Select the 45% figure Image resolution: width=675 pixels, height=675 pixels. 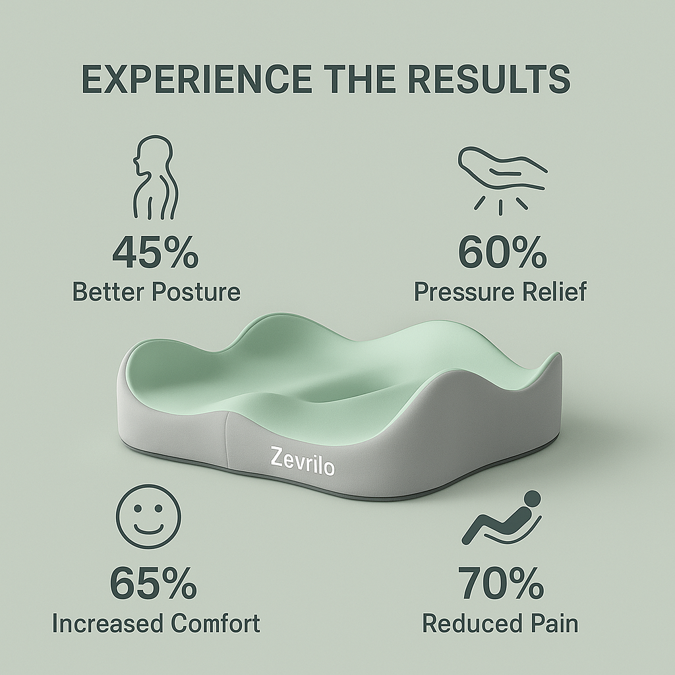pos(155,253)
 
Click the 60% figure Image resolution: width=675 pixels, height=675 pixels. pos(502,253)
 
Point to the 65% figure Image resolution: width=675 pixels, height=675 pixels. pos(153,583)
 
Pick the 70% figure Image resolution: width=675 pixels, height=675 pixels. pos(501,583)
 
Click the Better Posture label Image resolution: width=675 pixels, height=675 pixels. pos(156,291)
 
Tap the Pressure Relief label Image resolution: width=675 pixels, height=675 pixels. pos(500,291)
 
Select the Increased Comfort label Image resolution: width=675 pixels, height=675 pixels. pos(156,623)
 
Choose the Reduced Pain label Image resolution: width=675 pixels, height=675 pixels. pos(500,623)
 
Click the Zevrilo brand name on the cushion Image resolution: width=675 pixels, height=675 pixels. pos(303,461)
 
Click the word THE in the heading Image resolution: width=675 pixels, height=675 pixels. pos(354,79)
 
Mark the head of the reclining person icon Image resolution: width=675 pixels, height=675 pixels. pos(531,499)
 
